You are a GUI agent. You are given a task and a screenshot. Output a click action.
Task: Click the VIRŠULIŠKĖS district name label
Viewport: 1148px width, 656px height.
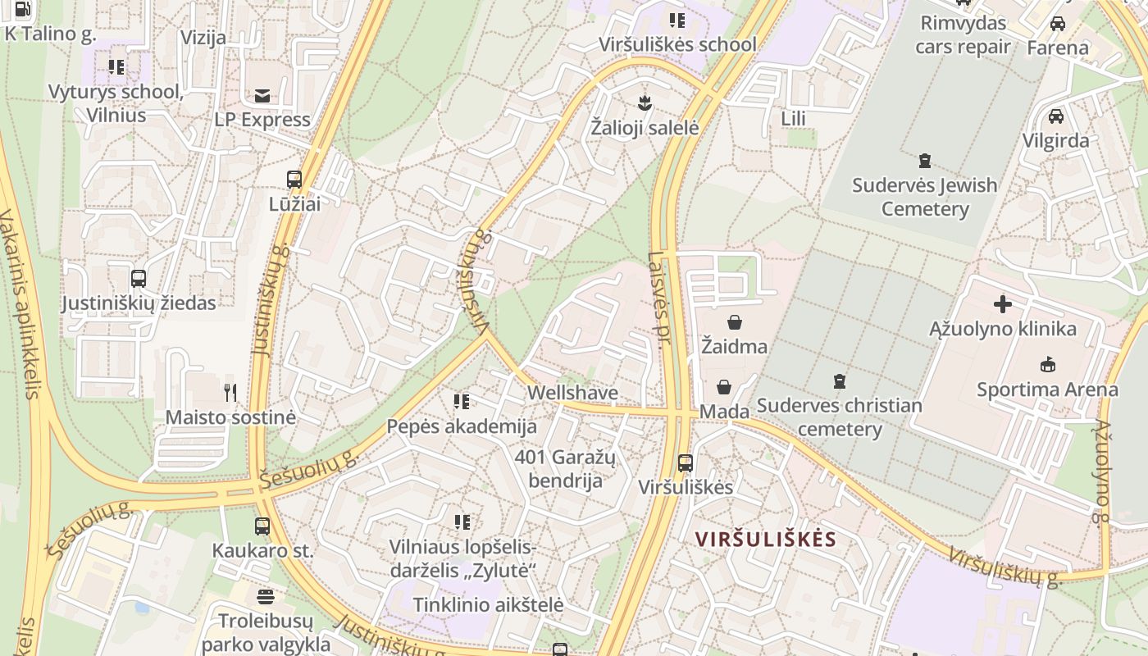pos(765,540)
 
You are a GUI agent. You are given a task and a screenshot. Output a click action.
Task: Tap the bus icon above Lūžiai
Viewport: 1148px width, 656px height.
pos(294,180)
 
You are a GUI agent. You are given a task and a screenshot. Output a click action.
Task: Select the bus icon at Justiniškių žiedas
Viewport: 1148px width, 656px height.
pos(139,279)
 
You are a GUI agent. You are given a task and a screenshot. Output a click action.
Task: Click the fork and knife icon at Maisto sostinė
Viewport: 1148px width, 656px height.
pos(230,393)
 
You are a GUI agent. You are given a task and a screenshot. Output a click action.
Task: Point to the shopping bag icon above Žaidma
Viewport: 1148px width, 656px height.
pos(734,322)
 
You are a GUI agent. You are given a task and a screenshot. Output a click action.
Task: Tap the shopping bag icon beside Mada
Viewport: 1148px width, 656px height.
pos(724,387)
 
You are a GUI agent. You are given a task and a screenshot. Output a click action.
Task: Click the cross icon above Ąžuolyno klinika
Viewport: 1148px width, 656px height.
pos(1002,305)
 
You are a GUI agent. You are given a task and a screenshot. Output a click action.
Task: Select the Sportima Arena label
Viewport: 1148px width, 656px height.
pos(1047,389)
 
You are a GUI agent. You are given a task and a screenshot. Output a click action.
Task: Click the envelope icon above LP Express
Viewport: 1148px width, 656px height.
pos(262,96)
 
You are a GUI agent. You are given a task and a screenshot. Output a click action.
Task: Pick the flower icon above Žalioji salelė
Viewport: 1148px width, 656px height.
pos(645,103)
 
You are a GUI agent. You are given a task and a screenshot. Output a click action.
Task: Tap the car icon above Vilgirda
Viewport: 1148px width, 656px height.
pos(1056,116)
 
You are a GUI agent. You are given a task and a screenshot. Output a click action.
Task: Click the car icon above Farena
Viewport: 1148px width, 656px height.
pos(1058,23)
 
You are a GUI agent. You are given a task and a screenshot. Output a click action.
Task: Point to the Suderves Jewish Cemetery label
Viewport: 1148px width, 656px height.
pos(925,197)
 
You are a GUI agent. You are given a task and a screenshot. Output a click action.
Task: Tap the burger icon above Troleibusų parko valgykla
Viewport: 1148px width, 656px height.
pos(265,596)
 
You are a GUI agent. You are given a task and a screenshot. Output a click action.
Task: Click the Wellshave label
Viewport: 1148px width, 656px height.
pos(572,393)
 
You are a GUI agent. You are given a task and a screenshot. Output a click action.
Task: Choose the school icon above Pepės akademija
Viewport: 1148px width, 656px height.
pos(462,402)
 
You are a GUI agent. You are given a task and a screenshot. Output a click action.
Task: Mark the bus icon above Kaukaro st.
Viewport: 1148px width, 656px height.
pos(262,526)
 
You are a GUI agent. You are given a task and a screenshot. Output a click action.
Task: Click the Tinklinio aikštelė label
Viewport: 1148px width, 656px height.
pos(488,605)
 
